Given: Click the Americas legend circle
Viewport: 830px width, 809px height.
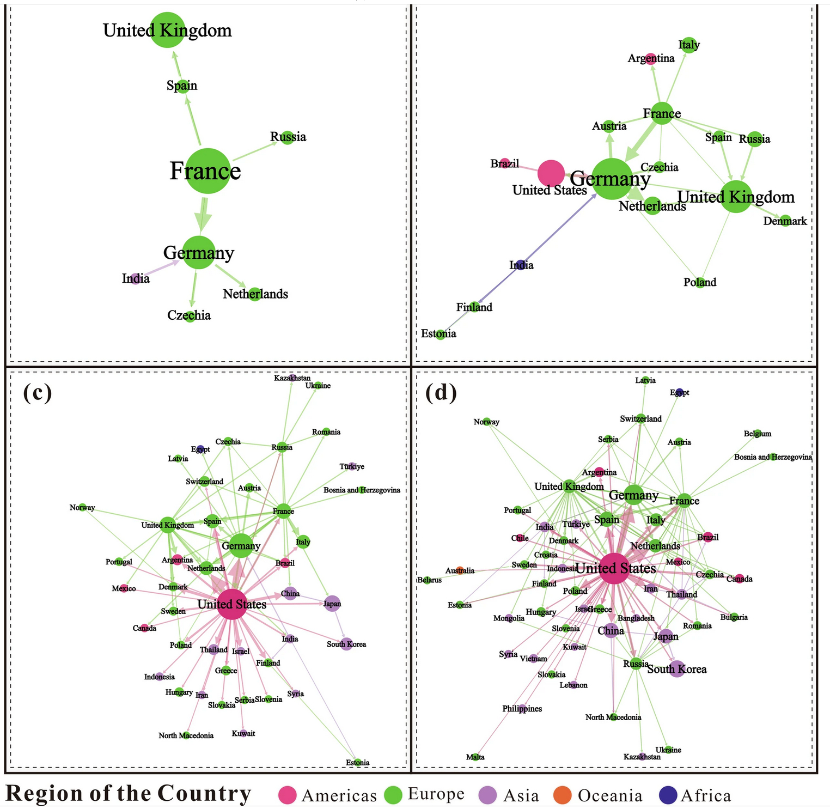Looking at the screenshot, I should pos(287,795).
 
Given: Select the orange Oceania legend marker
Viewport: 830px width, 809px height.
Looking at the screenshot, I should pos(563,795).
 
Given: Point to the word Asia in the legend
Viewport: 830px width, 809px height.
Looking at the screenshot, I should pos(521,796).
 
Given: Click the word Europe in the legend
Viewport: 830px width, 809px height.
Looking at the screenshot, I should pos(436,794).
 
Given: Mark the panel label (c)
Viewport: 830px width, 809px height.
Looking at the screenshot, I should pos(37,392).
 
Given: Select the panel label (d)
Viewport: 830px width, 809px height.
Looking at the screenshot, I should pos(441,392).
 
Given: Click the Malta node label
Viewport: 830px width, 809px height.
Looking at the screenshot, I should pos(475,757).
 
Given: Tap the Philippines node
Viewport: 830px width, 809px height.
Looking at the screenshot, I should pos(522,708).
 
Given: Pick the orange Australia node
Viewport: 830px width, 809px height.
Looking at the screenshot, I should pos(461,570).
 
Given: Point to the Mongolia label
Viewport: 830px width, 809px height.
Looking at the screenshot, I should pos(509,618).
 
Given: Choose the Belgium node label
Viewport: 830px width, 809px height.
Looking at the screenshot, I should pos(757,434).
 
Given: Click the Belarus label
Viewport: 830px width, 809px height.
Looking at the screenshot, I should pos(430,580).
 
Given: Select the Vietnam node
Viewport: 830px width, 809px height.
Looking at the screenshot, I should pos(534,658).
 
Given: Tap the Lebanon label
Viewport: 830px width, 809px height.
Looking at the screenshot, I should pos(573,685).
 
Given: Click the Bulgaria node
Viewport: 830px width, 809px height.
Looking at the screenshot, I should pos(734,617).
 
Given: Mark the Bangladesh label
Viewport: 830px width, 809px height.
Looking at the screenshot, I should pos(636,618).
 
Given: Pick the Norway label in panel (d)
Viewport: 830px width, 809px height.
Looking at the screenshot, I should pos(486,422).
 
